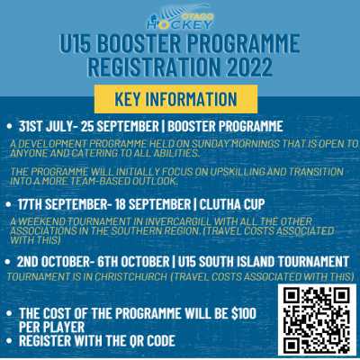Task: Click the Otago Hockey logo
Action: pyautogui.click(x=180, y=17)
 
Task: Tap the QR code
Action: pyautogui.click(x=317, y=319)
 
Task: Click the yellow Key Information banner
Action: pyautogui.click(x=175, y=99)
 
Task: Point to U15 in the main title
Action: pyautogui.click(x=75, y=43)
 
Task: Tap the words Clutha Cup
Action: pyautogui.click(x=232, y=204)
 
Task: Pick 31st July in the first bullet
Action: pyautogui.click(x=46, y=126)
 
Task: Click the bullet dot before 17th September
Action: pyautogui.click(x=8, y=204)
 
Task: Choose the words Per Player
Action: pyautogui.click(x=52, y=327)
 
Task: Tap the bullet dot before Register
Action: pyautogui.click(x=9, y=341)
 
